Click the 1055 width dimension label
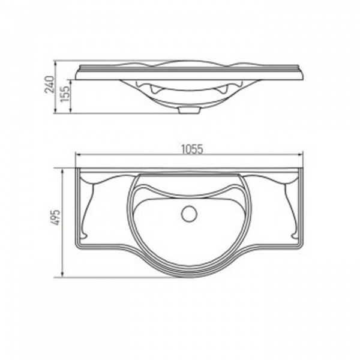click(x=192, y=149)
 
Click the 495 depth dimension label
click(x=56, y=217)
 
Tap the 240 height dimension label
click(x=49, y=84)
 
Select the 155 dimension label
click(x=65, y=94)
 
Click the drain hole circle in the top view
click(x=189, y=214)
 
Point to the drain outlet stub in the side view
click(x=189, y=110)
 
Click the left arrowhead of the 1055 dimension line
click(x=79, y=155)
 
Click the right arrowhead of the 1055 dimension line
click(x=300, y=155)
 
